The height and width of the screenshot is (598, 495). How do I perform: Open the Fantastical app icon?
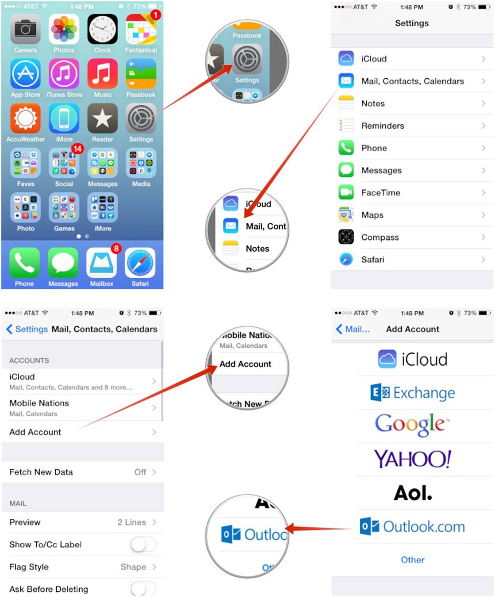141,30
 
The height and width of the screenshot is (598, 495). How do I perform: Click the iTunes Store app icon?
64,74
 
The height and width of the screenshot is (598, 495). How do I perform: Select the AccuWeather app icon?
26,118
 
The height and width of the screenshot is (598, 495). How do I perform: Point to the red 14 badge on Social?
77,149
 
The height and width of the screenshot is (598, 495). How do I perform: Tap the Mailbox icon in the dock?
102,263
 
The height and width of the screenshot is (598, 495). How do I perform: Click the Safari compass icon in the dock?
140,263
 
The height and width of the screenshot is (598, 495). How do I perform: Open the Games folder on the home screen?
64,207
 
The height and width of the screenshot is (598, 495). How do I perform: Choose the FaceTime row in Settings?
412,193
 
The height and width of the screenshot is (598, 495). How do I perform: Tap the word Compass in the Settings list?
380,237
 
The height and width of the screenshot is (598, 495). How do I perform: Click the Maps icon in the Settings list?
346,215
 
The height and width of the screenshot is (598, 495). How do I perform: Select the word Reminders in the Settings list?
382,126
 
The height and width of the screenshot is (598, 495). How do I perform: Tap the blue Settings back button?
27,329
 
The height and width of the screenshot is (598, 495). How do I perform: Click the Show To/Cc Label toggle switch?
143,545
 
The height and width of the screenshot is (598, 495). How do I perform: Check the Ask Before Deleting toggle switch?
143,589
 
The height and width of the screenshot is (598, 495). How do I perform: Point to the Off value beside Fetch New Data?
140,472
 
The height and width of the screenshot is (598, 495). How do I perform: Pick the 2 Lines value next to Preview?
132,522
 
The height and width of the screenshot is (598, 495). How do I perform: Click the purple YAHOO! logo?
412,459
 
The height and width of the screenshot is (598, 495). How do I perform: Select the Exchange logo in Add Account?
412,393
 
